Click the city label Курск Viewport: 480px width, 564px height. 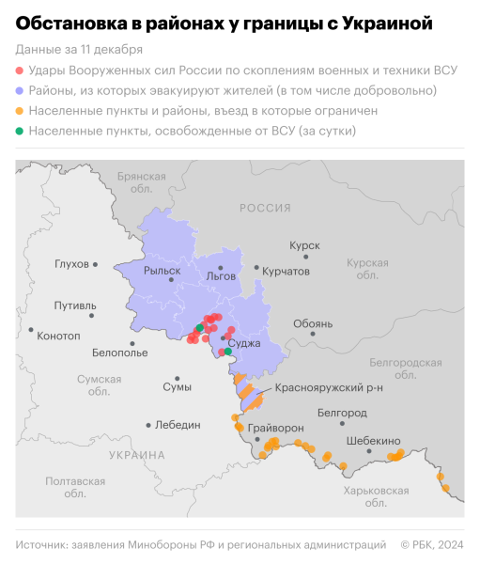tap(306, 243)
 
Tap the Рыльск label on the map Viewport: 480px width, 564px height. tap(162, 271)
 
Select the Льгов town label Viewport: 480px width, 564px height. tap(221, 276)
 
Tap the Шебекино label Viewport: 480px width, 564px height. tap(373, 441)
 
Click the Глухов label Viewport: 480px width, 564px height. tap(71, 264)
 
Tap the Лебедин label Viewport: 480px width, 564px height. tap(178, 425)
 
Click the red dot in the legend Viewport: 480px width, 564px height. tap(20, 71)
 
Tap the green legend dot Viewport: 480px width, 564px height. tap(20, 131)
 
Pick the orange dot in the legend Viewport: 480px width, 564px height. tap(20, 111)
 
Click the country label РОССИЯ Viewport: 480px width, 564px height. tap(265, 208)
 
